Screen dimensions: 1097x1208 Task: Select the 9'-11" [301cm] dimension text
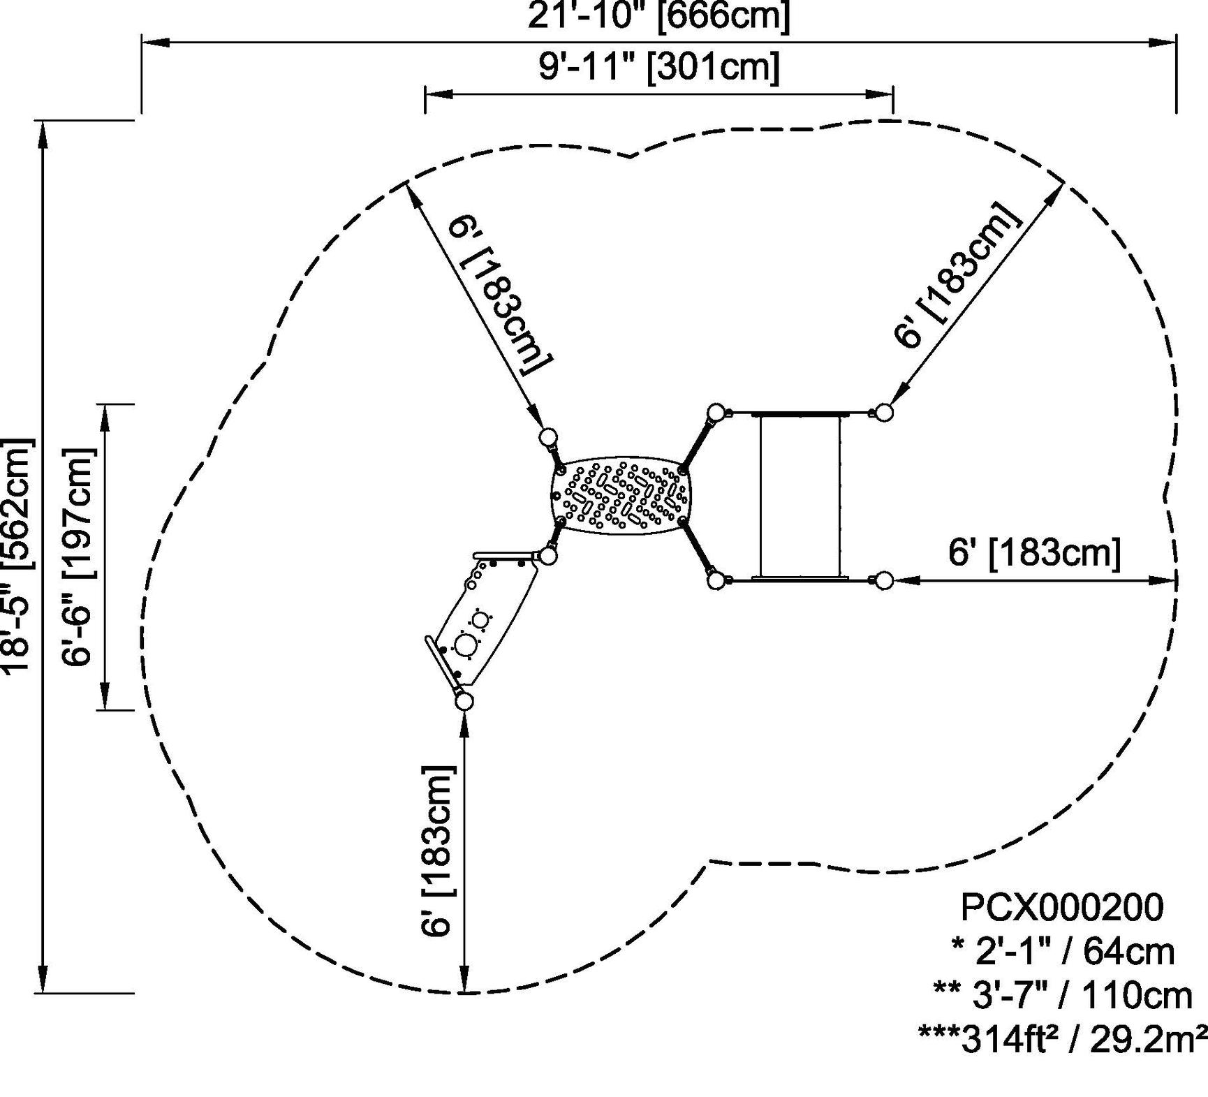pyautogui.click(x=658, y=68)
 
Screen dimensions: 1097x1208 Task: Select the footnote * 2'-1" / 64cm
pyautogui.click(x=1061, y=952)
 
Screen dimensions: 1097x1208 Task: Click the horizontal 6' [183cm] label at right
pyautogui.click(x=1033, y=552)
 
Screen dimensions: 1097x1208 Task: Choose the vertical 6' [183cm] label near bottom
pyautogui.click(x=438, y=850)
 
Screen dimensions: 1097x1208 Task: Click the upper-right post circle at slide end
pyautogui.click(x=883, y=412)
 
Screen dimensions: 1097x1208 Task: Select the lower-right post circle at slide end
pyautogui.click(x=883, y=580)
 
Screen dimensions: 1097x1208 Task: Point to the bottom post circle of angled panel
pyautogui.click(x=464, y=701)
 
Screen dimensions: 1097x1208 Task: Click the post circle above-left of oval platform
pyautogui.click(x=548, y=438)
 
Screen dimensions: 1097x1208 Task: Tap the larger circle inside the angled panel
pyautogui.click(x=465, y=644)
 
